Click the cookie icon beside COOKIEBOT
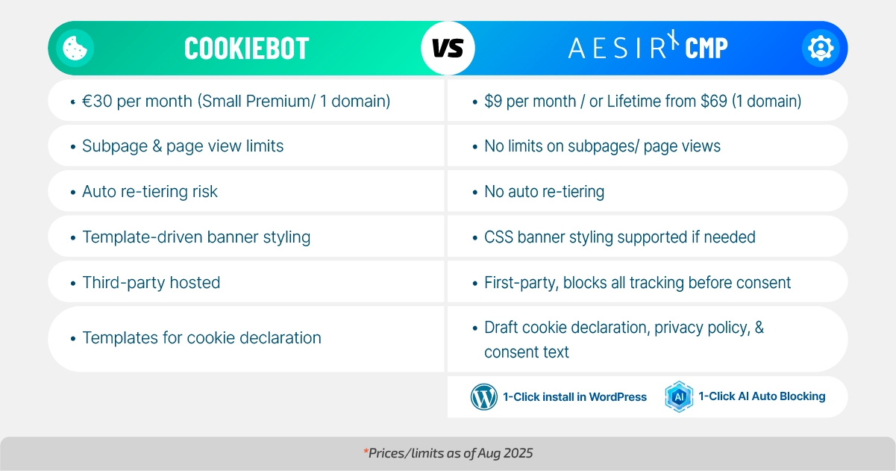[x=75, y=48]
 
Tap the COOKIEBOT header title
[x=246, y=49]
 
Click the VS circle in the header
[x=448, y=49]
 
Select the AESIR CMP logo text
[x=648, y=48]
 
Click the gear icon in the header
[x=820, y=48]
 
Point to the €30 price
[x=97, y=101]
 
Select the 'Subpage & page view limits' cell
[x=183, y=146]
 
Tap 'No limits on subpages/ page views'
[x=602, y=146]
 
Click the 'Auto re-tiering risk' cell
[x=150, y=192]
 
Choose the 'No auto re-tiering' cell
[x=544, y=192]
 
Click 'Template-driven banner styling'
[x=196, y=237]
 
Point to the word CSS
[x=498, y=237]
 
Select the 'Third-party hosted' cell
[x=151, y=283]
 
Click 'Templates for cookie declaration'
[x=201, y=338]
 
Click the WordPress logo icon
[x=483, y=397]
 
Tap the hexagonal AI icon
[x=679, y=397]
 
